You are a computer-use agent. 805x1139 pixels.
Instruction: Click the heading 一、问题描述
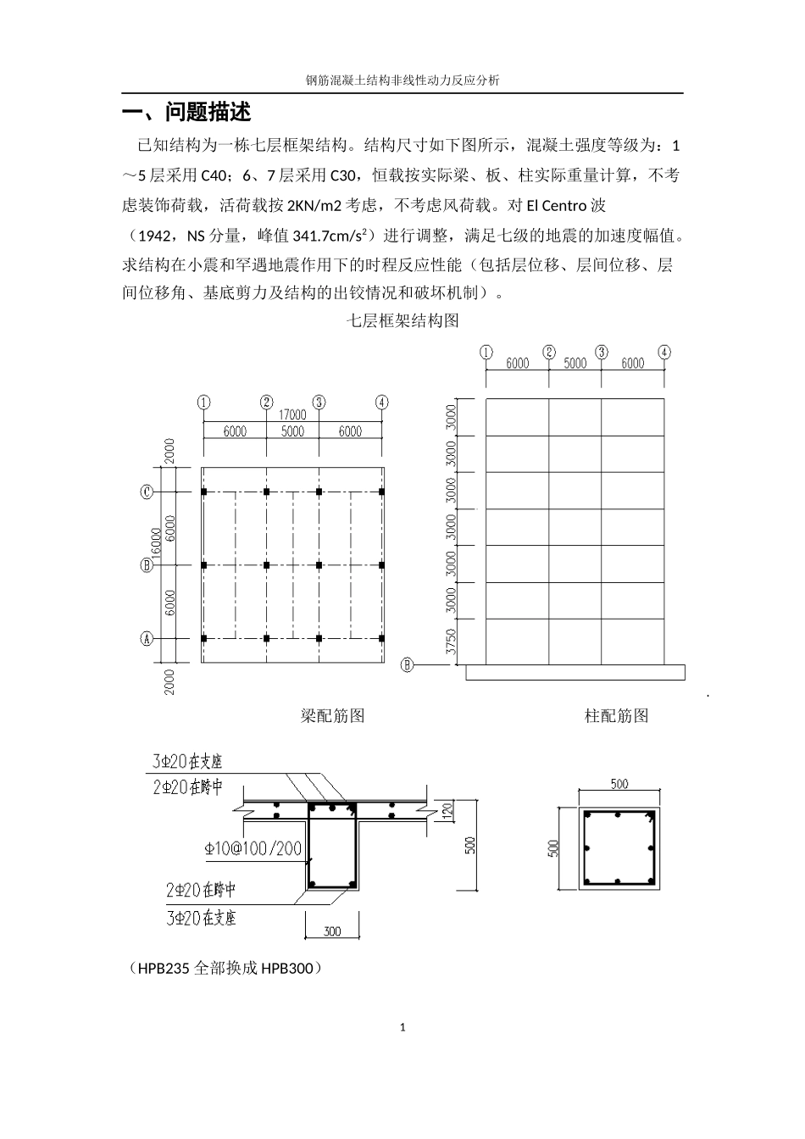[186, 113]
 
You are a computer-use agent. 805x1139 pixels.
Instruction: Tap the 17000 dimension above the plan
[292, 414]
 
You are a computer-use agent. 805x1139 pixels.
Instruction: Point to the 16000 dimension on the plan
[155, 547]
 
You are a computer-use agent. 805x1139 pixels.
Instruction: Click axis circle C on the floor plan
[147, 492]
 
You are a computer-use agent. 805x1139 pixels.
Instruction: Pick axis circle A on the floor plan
[147, 639]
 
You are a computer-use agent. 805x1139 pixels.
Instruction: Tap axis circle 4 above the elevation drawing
[664, 352]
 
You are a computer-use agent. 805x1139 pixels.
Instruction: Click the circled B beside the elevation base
[407, 665]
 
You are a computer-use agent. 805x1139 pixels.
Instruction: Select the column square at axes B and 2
[266, 564]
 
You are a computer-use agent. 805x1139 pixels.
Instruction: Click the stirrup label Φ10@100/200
[253, 848]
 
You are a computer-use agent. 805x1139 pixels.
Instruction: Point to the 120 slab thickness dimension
[449, 811]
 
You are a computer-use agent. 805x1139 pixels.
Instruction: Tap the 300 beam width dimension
[332, 931]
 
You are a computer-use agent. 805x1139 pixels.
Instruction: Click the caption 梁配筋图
[332, 716]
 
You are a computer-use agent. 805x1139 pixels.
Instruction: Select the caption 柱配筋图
[616, 716]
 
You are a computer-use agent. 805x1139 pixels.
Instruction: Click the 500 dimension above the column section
[619, 784]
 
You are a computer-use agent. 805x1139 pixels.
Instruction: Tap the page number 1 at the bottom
[402, 1028]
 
